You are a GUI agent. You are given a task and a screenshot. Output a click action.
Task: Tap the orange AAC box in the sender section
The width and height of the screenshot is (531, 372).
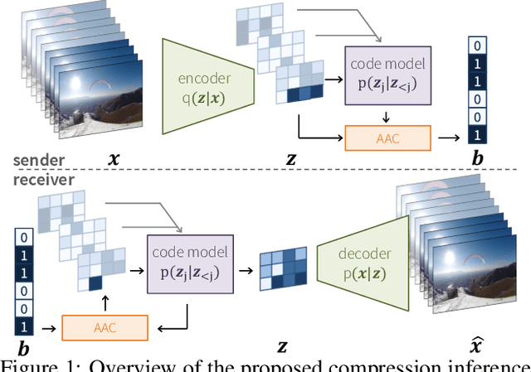(x=387, y=138)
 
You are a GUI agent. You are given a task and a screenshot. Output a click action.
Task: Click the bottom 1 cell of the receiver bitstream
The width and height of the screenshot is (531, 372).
(x=24, y=326)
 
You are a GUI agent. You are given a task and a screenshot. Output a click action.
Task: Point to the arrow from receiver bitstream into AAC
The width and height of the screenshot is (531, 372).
(x=47, y=326)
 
